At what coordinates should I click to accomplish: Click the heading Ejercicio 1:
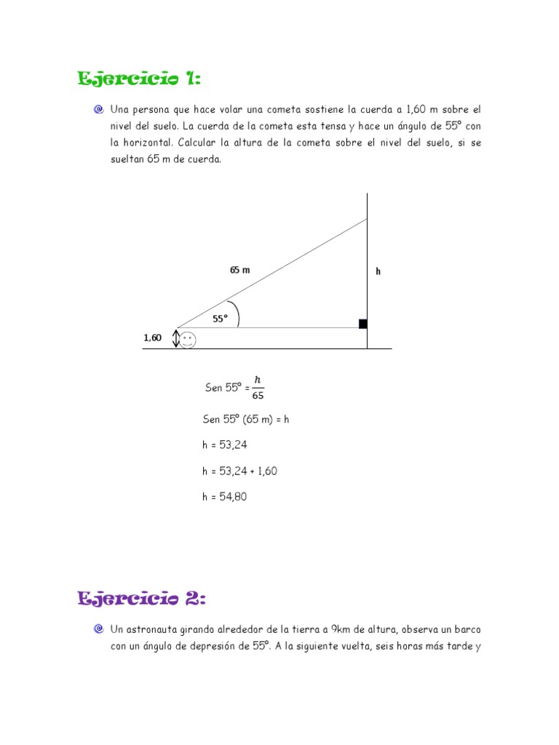[x=139, y=79]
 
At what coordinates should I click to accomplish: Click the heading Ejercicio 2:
[x=142, y=599]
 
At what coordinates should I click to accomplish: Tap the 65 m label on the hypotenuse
[x=239, y=270]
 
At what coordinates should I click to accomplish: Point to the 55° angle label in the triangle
[x=220, y=319]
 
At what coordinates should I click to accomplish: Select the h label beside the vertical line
[x=378, y=271]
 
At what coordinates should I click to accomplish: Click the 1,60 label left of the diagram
[x=152, y=338]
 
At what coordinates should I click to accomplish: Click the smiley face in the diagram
[x=188, y=340]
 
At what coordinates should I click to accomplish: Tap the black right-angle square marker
[x=362, y=324]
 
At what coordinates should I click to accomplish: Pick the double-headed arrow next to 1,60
[x=175, y=338]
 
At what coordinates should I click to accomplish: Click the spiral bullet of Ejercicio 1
[x=98, y=110]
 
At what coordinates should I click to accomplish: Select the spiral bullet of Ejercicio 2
[x=98, y=629]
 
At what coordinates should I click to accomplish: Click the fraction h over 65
[x=258, y=388]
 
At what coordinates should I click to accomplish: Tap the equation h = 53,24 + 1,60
[x=239, y=471]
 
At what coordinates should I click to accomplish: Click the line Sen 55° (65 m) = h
[x=246, y=419]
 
